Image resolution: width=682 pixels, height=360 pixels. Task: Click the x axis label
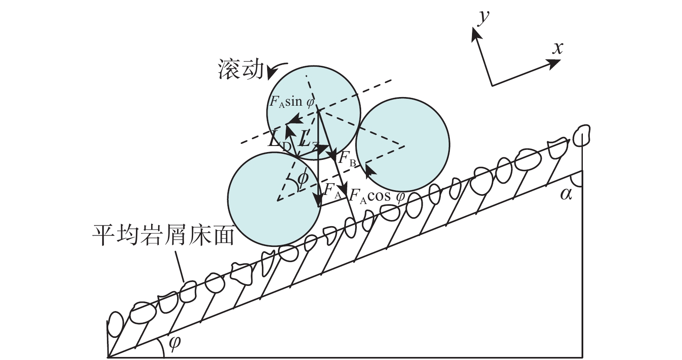click(x=557, y=48)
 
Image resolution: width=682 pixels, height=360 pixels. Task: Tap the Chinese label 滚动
click(x=240, y=70)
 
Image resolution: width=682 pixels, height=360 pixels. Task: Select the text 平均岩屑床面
click(x=163, y=237)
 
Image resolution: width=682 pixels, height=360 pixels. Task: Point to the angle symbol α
click(x=566, y=194)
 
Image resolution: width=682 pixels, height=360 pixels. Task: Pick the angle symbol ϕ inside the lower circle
click(x=303, y=178)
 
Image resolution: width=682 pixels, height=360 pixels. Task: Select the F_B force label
click(x=347, y=159)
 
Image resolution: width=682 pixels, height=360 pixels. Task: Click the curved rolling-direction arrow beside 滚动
click(x=276, y=68)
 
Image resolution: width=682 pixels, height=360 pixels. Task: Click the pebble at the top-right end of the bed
click(x=581, y=135)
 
